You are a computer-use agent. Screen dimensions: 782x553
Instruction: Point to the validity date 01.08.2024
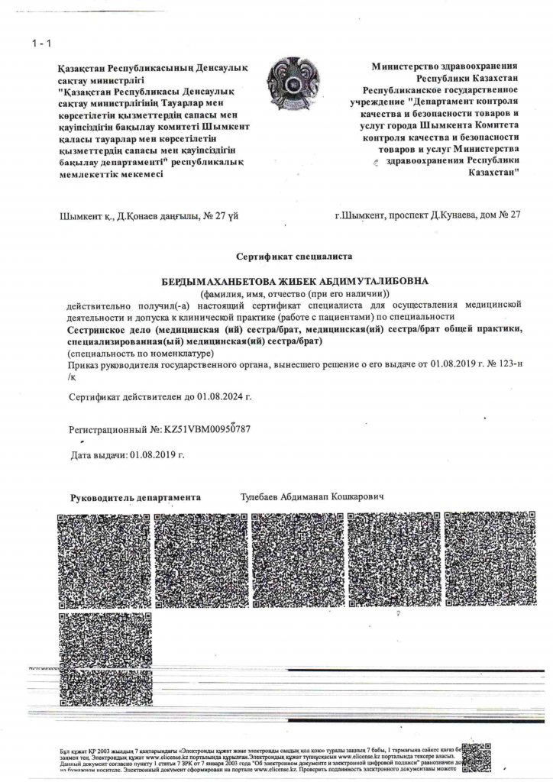[225, 397]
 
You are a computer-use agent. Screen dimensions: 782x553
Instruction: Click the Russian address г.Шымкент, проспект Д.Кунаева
[428, 215]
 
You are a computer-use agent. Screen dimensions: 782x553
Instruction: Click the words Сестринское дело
[105, 329]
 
